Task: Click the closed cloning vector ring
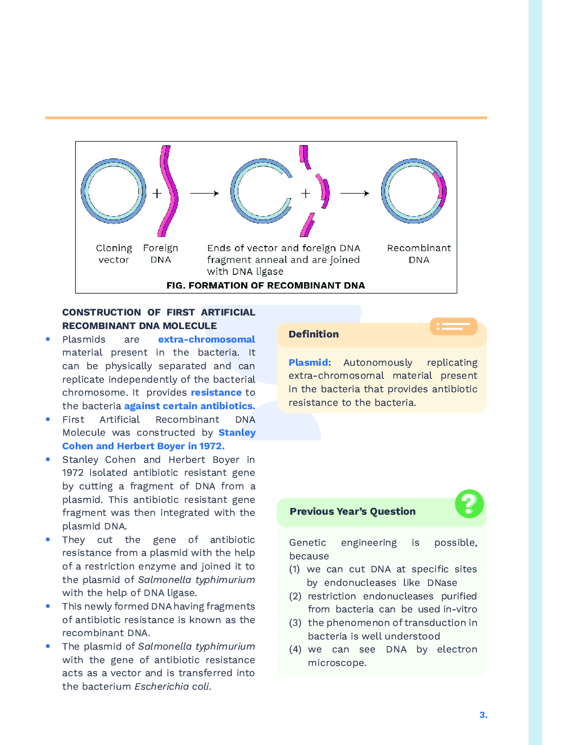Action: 114,191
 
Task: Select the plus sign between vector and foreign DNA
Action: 157,193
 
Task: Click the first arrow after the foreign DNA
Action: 204,193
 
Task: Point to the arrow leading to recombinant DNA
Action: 355,193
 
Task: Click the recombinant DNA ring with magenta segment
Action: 414,191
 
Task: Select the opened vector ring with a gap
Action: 261,191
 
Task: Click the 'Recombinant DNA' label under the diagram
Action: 418,254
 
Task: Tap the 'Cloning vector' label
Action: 114,254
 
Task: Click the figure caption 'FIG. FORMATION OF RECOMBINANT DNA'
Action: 265,286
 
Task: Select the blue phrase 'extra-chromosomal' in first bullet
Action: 206,339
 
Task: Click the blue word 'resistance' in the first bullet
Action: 216,392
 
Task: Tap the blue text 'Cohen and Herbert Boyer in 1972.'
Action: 143,446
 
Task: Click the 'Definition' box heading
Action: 313,334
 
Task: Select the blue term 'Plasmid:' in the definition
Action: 309,362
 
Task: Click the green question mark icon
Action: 469,503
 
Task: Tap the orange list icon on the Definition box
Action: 453,326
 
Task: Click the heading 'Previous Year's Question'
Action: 352,511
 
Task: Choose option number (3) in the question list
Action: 295,623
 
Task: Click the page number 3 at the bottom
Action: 483,715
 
